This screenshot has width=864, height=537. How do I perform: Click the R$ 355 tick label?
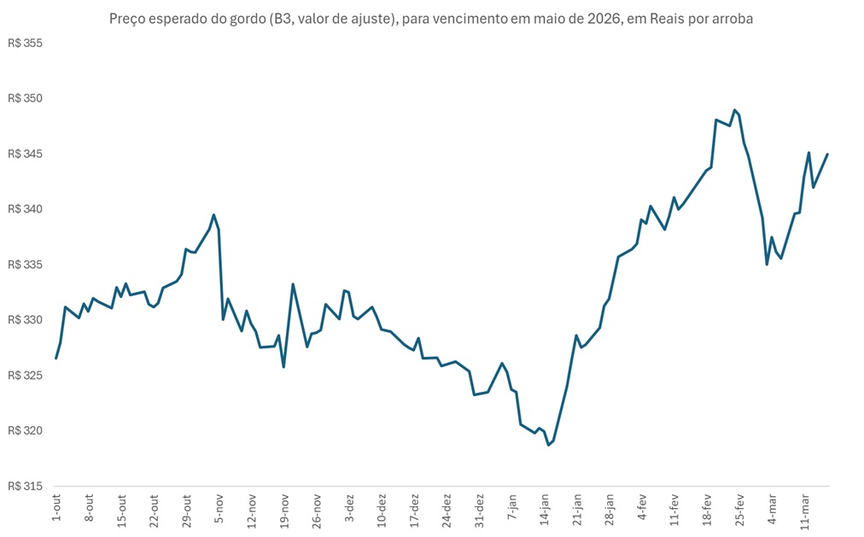pos(25,44)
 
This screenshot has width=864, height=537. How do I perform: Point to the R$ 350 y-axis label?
pos(25,99)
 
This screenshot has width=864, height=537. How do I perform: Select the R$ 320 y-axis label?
pos(25,430)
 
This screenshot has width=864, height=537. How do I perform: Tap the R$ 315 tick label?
pos(25,486)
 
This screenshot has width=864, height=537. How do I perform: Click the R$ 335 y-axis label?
pos(25,265)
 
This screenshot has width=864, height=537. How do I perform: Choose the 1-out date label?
pos(56,505)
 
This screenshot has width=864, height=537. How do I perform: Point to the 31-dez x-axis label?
pos(479,509)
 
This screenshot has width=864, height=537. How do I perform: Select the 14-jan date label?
pos(544,508)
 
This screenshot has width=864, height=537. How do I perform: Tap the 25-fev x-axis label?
pos(739,508)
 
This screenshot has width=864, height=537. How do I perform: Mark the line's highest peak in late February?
pos(734,110)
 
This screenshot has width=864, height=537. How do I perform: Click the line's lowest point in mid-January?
pos(549,445)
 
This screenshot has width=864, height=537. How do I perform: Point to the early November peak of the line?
pos(213,215)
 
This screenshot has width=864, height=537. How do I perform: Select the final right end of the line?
pos(828,155)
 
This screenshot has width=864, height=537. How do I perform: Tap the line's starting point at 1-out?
pos(56,359)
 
